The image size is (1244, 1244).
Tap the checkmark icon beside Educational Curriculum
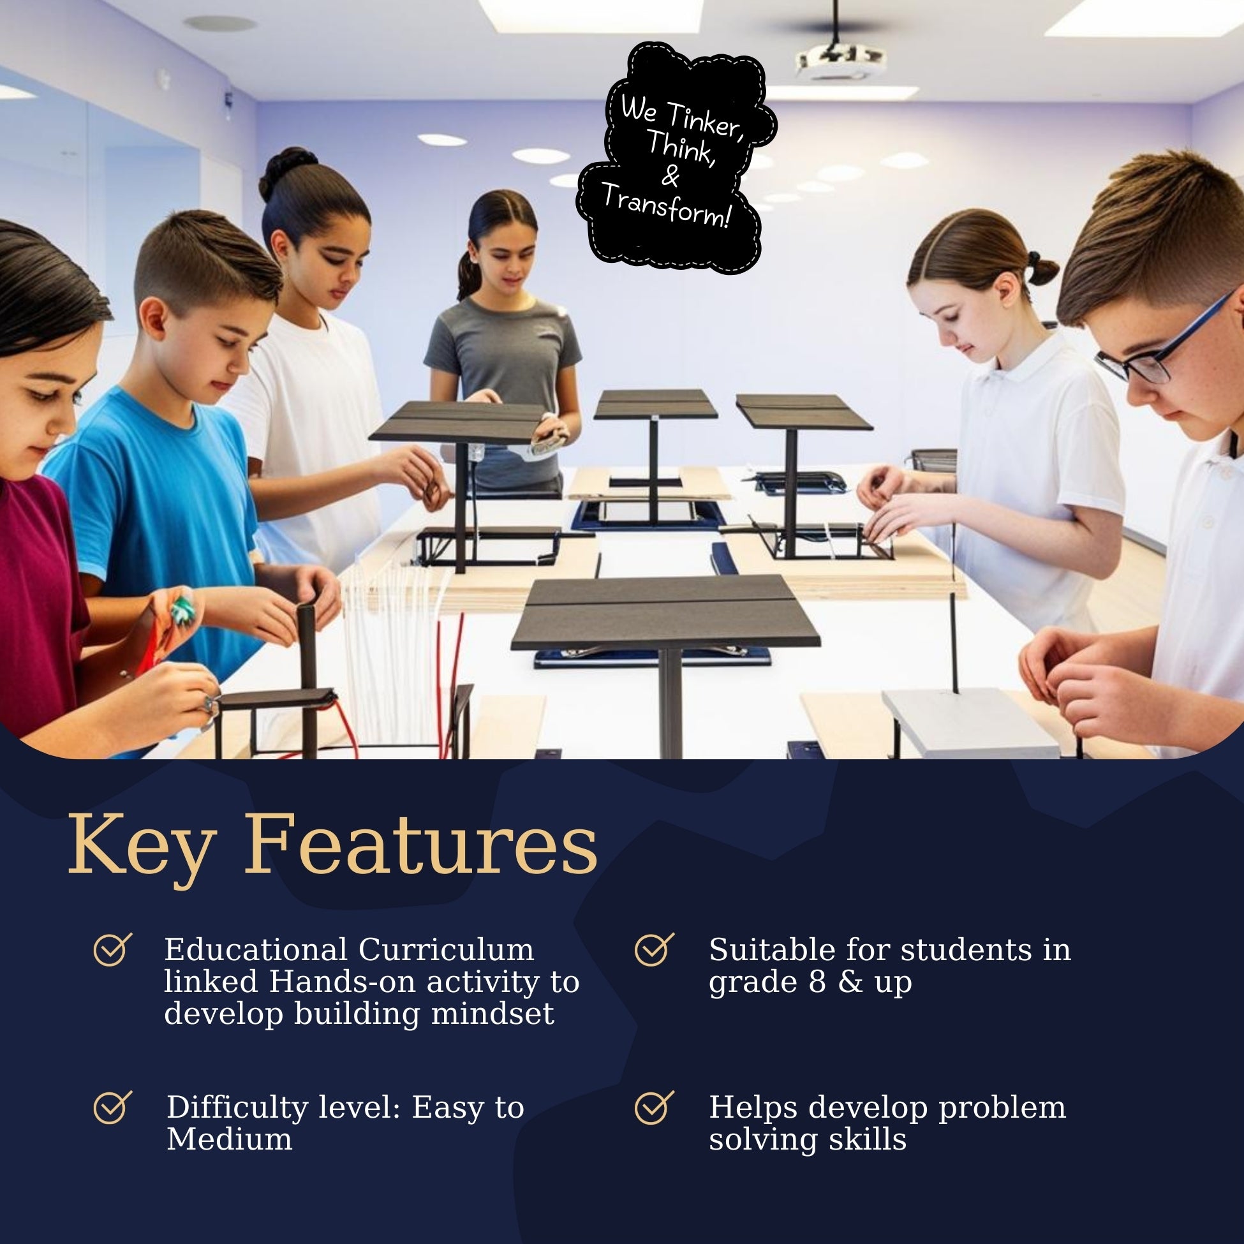pyautogui.click(x=113, y=949)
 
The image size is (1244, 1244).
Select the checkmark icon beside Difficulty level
pyautogui.click(x=113, y=1106)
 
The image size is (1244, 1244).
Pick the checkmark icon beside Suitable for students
pyautogui.click(x=654, y=949)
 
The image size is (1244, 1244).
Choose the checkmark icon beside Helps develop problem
pyautogui.click(x=654, y=1106)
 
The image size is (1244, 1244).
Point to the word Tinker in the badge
pyautogui.click(x=704, y=121)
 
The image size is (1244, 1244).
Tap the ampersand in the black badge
pyautogui.click(x=670, y=176)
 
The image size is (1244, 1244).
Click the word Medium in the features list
pyautogui.click(x=229, y=1139)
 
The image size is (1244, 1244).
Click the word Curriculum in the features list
pyautogui.click(x=445, y=950)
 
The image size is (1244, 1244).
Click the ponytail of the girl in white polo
pyautogui.click(x=1038, y=269)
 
